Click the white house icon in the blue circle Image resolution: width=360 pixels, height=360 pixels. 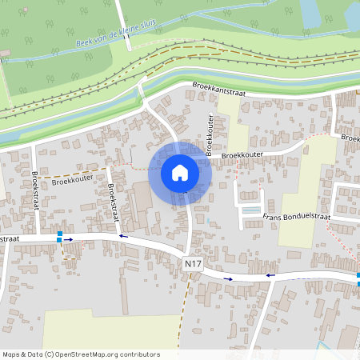point(180,173)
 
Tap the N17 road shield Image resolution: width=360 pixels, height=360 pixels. point(192,263)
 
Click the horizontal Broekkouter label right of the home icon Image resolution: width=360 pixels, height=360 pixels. point(243,155)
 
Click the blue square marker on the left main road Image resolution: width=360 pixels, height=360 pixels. point(59,238)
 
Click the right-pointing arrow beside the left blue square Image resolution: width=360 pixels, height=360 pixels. point(70,238)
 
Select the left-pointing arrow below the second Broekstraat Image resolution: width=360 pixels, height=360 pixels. point(122,236)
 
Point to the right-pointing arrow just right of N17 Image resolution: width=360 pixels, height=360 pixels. point(230,278)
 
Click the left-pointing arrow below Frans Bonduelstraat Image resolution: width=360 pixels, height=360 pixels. point(270,275)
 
